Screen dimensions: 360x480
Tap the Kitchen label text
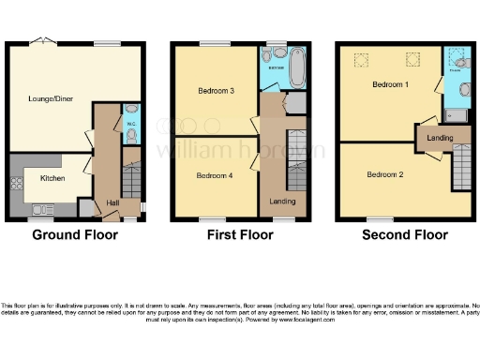(52, 176)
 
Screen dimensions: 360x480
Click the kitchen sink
(43, 208)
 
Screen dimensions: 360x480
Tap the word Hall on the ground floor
(112, 202)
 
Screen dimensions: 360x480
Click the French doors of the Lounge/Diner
(42, 42)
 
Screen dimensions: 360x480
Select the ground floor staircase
(131, 180)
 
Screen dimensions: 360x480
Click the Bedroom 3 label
(216, 91)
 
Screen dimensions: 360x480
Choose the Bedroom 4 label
(216, 175)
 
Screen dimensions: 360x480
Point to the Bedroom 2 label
(384, 174)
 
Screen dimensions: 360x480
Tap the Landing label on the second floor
(440, 138)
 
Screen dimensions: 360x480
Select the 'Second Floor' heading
(404, 234)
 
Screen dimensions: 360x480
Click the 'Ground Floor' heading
(75, 234)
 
